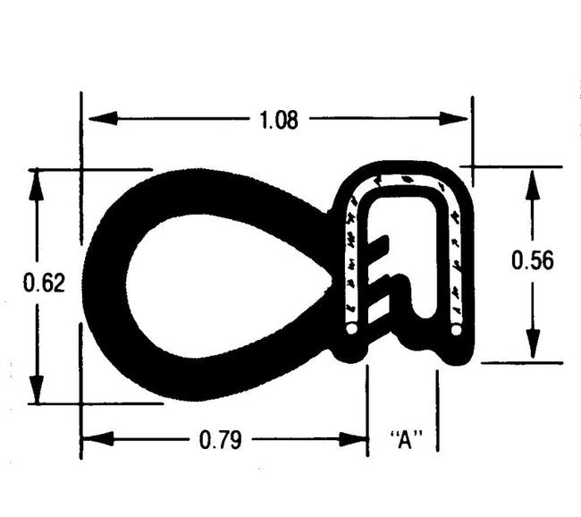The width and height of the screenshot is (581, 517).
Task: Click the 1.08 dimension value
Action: tap(279, 120)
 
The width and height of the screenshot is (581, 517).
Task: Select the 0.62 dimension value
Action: tap(43, 283)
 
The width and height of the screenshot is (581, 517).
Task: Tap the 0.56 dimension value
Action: tap(533, 260)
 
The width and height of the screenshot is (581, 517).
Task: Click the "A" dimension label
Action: tap(407, 439)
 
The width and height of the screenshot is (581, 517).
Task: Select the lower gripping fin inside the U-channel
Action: tap(381, 288)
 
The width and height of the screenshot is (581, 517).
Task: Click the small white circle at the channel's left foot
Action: tap(351, 330)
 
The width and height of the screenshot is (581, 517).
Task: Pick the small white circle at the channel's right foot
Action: tap(457, 330)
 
